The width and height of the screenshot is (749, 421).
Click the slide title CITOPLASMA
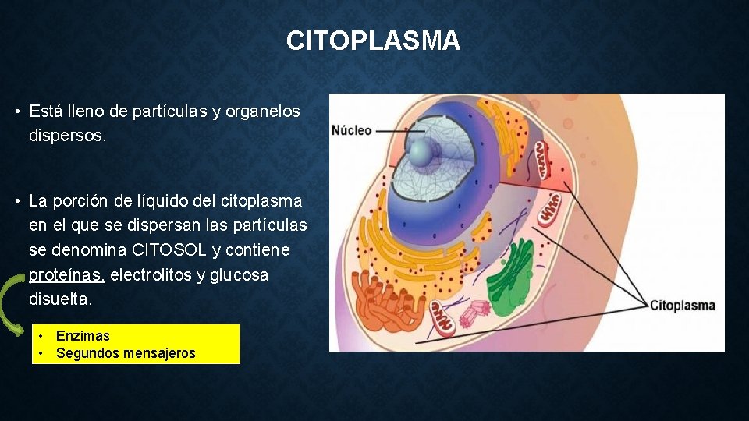click(x=373, y=41)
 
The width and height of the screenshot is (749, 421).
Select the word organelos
click(x=262, y=111)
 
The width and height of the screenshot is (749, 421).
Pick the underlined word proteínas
click(x=66, y=275)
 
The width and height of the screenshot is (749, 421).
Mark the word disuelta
click(x=60, y=299)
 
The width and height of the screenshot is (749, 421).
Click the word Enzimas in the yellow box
click(x=83, y=336)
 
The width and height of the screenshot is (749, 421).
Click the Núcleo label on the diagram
click(x=351, y=130)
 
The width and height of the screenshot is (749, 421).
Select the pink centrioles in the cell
click(x=473, y=313)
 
